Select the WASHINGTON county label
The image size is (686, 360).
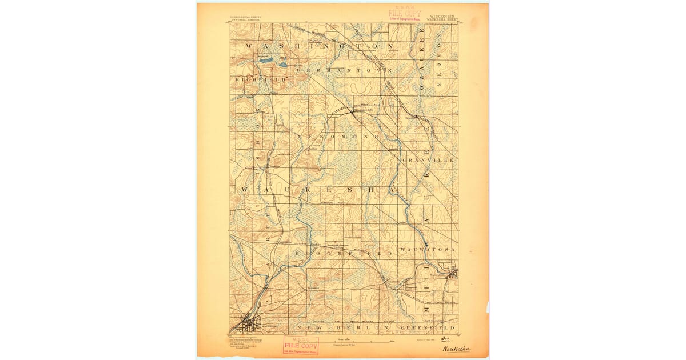click(x=320, y=46)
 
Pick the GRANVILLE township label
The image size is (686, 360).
click(x=428, y=161)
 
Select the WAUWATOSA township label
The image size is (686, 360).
click(x=428, y=250)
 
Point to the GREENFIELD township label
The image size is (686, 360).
click(x=428, y=329)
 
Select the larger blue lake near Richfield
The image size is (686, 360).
click(x=266, y=59)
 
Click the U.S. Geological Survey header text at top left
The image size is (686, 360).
click(x=245, y=19)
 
